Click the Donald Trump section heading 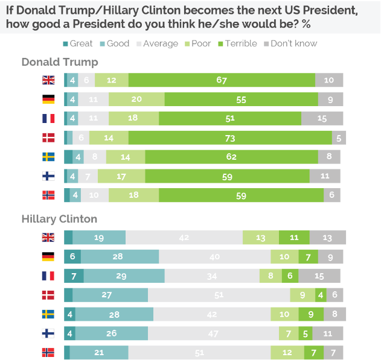(x=60, y=62)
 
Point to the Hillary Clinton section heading (x=59, y=218)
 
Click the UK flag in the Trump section (x=48, y=80)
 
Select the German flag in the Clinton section (x=48, y=257)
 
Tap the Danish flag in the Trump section (x=48, y=137)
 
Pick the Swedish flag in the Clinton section (x=48, y=314)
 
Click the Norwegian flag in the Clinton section (x=48, y=352)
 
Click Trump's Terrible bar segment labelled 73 (x=230, y=137)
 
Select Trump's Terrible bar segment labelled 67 (x=222, y=80)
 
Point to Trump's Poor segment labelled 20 (x=136, y=99)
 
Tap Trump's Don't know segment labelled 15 (x=322, y=119)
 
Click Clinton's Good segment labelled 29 (x=124, y=276)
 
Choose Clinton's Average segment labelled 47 (x=213, y=333)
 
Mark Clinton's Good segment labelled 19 (x=99, y=238)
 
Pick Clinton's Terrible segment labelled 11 (x=294, y=238)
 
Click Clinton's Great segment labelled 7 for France (x=74, y=276)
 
